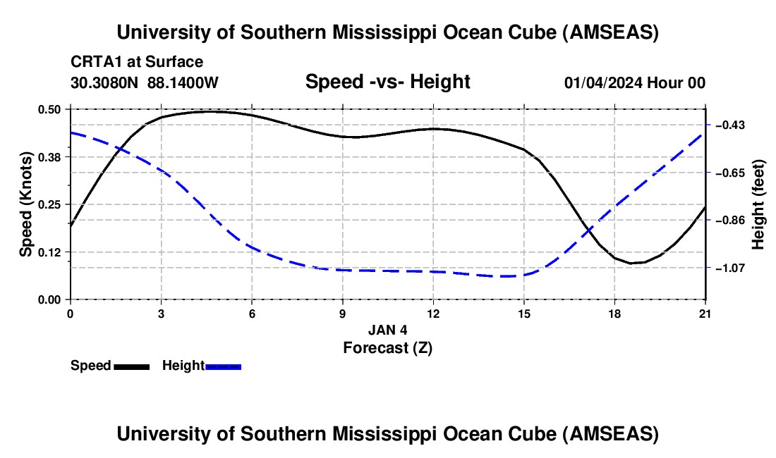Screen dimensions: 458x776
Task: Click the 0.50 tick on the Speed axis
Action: coord(52,109)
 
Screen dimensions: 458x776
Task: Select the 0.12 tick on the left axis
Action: coord(52,252)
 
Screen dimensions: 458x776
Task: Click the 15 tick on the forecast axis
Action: coord(523,313)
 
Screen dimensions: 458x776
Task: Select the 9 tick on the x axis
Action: coord(342,313)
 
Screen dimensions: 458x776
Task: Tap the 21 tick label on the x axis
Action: coord(705,313)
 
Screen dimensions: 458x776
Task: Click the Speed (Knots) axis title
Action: coord(26,204)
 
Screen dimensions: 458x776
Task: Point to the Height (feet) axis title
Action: coord(758,204)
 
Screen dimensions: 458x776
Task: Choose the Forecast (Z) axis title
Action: coord(387,347)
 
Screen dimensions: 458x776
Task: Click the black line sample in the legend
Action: coord(131,366)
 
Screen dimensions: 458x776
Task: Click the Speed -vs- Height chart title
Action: coord(387,82)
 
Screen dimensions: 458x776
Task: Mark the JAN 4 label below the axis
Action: coord(387,329)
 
